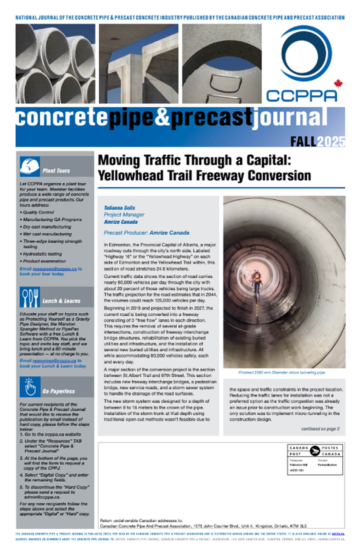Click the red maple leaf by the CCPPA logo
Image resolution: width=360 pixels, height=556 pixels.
coord(338,83)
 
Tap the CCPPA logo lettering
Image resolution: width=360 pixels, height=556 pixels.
coord(301,96)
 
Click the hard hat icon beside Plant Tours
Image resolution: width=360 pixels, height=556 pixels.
coord(29,166)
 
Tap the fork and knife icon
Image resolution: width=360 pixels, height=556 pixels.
coord(29,297)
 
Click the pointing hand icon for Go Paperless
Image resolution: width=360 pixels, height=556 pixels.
coord(30,386)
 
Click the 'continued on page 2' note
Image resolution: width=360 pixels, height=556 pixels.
coord(320,429)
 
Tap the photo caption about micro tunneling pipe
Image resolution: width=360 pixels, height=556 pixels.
coord(281,372)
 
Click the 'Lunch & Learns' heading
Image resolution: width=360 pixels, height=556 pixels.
coord(61,301)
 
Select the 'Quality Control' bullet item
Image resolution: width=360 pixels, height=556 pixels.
coord(38,212)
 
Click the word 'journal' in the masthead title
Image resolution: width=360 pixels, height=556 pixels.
coord(289,118)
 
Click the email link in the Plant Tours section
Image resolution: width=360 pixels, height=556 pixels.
coord(55,269)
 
